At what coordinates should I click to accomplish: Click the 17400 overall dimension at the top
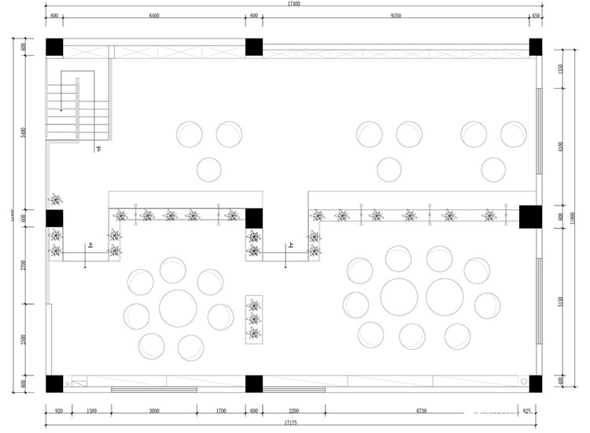294,5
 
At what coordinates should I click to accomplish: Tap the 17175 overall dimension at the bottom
288,423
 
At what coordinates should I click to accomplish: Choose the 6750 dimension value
420,411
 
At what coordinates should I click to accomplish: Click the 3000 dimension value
154,411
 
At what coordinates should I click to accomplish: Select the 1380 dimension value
91,411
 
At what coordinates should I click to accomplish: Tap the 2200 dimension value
293,411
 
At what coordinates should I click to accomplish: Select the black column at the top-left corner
53,46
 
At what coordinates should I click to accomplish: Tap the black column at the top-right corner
535,46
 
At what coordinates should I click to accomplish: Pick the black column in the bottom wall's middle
253,383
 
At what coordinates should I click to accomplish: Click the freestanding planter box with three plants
253,319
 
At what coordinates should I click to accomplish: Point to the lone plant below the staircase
55,198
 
